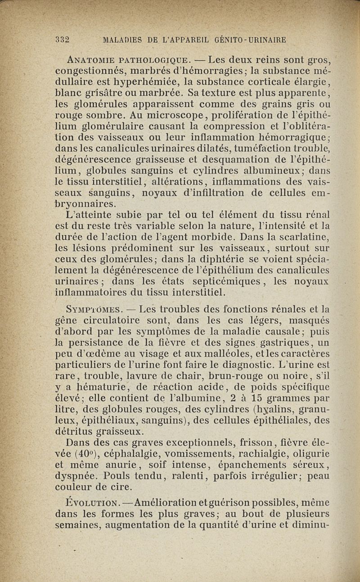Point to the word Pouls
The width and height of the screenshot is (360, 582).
tap(108, 476)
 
